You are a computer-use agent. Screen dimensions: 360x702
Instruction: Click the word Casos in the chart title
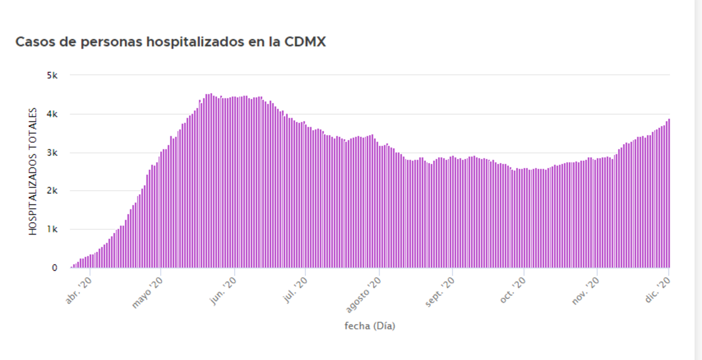click(33, 43)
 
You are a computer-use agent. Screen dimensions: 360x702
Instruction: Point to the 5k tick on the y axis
click(53, 76)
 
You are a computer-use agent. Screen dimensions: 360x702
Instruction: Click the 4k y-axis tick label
click(53, 114)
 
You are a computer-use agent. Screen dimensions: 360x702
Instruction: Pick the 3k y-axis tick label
click(53, 152)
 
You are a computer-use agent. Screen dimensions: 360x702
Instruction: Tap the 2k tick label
click(53, 191)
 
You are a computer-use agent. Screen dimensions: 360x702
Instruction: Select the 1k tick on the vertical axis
click(53, 229)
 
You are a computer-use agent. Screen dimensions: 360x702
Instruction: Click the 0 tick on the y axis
click(55, 268)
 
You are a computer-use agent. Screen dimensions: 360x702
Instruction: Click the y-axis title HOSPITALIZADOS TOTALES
click(34, 172)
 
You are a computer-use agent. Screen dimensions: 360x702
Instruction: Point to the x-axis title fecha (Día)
click(370, 326)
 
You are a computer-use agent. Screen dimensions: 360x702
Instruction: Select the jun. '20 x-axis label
click(225, 290)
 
